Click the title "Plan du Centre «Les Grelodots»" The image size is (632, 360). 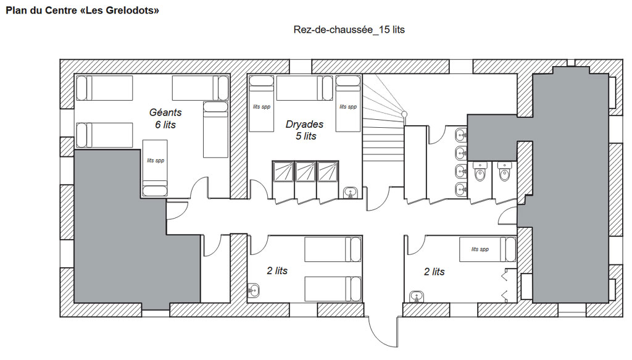(82, 10)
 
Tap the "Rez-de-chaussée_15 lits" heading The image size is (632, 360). (349, 30)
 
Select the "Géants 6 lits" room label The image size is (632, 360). (165, 119)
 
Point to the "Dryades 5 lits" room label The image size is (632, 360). (305, 130)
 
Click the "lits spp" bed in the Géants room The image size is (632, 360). (155, 168)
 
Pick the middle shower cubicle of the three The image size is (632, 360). (305, 172)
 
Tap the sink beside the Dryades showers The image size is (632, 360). (351, 192)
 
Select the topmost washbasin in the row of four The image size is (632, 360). (461, 135)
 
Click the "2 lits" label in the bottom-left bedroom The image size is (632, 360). (277, 271)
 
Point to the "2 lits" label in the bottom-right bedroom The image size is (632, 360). (434, 272)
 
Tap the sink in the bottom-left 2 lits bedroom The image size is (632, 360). (253, 290)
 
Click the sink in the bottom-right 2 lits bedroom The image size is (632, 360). (417, 297)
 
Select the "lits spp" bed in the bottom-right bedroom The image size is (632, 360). (488, 249)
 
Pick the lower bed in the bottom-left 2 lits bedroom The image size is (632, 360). (333, 288)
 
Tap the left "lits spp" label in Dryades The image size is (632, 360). (262, 107)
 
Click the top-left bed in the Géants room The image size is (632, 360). (104, 88)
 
